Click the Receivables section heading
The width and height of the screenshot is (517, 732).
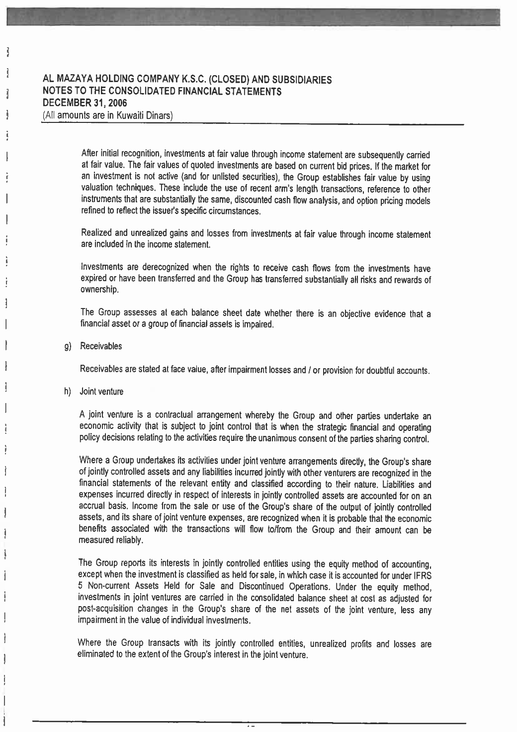click(x=101, y=346)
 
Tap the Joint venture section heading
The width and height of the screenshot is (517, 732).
click(x=101, y=392)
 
